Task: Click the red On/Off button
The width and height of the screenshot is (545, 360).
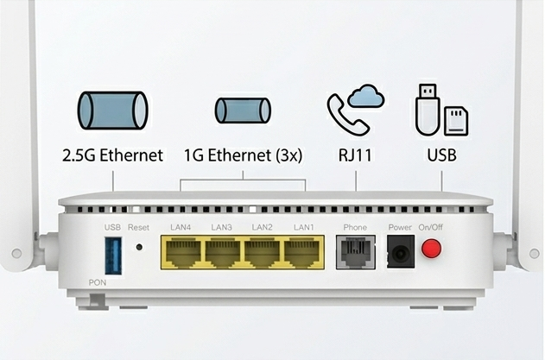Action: [431, 248]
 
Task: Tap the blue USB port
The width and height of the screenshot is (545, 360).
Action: [113, 256]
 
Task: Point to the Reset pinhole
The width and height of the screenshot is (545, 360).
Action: [139, 247]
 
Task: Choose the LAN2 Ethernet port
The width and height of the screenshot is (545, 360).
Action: [262, 252]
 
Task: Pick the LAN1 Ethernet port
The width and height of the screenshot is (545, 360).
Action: [301, 252]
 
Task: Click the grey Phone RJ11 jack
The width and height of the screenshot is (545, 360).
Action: [356, 252]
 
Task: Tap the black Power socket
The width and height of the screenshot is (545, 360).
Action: [401, 251]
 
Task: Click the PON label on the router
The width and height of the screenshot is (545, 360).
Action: [98, 282]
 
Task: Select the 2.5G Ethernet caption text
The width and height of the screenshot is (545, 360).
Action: [112, 155]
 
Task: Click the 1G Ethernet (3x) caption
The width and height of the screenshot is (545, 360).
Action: [243, 155]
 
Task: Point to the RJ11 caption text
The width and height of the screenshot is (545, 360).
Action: [355, 155]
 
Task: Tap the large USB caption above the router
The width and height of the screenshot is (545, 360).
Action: [441, 155]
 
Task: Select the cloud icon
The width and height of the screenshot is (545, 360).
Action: [366, 95]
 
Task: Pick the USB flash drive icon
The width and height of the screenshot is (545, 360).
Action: [428, 110]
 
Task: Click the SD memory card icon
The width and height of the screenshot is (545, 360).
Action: [456, 121]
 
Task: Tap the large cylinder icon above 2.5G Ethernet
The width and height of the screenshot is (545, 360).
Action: [112, 111]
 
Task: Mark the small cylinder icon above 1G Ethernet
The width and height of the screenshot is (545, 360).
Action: [243, 111]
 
